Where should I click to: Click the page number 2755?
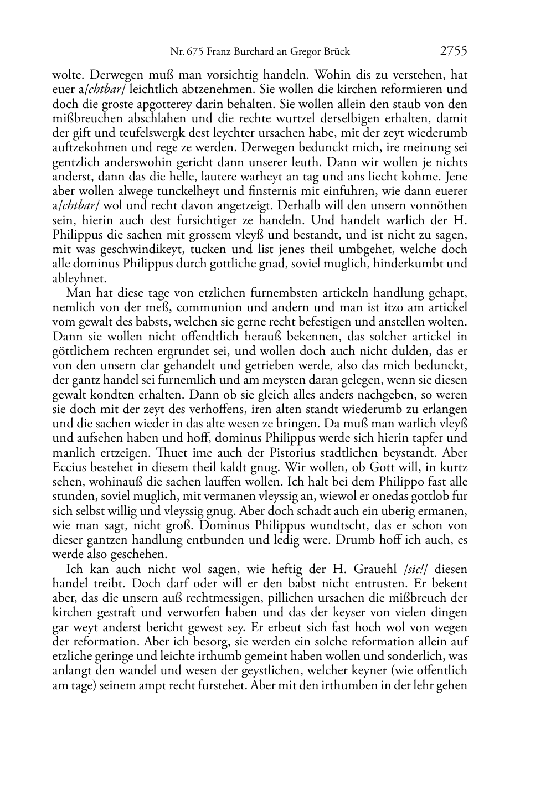pos(454,51)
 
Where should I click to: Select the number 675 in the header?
pos(195,52)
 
